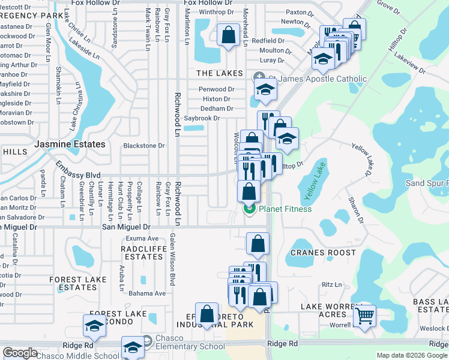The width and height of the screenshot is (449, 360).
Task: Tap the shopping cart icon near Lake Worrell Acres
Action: click(364, 316)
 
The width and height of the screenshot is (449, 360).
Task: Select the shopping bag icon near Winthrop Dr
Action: click(228, 35)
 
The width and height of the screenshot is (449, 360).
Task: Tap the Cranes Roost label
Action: click(324, 253)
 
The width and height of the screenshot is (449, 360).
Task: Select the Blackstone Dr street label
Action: click(143, 146)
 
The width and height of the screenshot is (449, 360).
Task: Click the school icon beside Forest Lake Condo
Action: click(94, 326)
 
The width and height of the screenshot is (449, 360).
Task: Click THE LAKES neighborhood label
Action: click(220, 73)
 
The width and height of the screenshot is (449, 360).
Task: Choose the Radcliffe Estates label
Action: click(142, 253)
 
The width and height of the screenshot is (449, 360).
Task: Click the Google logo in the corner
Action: click(20, 353)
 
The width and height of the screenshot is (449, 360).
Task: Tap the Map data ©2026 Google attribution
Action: click(411, 355)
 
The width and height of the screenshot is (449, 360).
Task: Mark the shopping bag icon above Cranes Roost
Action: click(258, 243)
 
